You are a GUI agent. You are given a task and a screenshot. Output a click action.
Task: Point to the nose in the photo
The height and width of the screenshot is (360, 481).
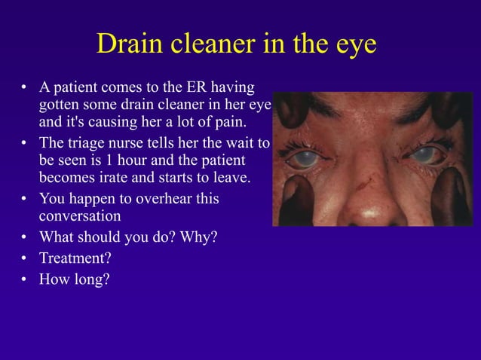tap(370, 203)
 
